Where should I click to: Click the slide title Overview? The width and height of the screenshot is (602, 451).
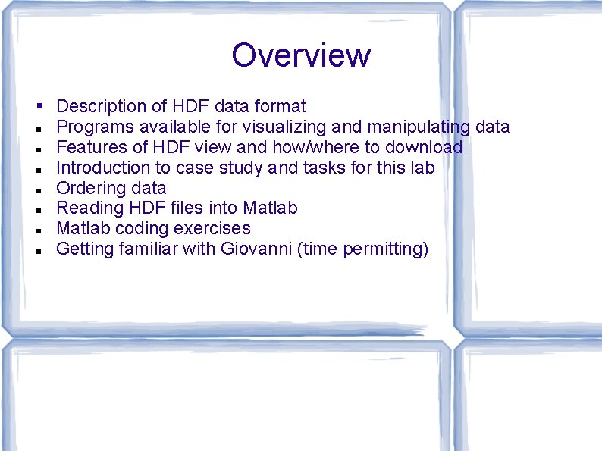[301, 55]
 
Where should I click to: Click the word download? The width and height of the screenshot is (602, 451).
[424, 147]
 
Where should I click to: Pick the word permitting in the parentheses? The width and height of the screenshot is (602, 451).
[385, 249]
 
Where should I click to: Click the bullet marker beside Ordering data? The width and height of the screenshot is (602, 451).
[37, 188]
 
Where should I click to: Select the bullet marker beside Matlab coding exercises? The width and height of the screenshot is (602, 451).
[37, 228]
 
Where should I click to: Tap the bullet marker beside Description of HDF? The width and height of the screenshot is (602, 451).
[37, 106]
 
